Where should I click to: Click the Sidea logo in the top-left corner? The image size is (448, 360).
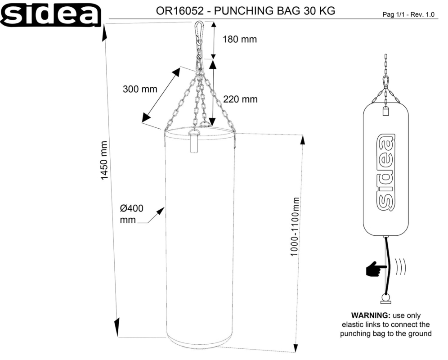pos(51,14)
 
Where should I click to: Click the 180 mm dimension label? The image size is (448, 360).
pos(240,40)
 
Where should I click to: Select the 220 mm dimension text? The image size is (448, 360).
pos(240,99)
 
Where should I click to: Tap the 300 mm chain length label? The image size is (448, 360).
pos(140,89)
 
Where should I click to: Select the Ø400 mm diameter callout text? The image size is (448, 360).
pos(131,214)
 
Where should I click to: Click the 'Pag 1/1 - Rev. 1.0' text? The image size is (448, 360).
pos(409,14)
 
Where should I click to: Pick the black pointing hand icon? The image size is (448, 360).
pos(377,269)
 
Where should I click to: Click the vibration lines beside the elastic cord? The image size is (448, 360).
pos(401,267)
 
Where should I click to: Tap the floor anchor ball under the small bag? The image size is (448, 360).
pos(386,297)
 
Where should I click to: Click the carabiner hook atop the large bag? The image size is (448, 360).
pos(197,33)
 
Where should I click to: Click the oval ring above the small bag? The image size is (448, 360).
pos(385,81)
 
